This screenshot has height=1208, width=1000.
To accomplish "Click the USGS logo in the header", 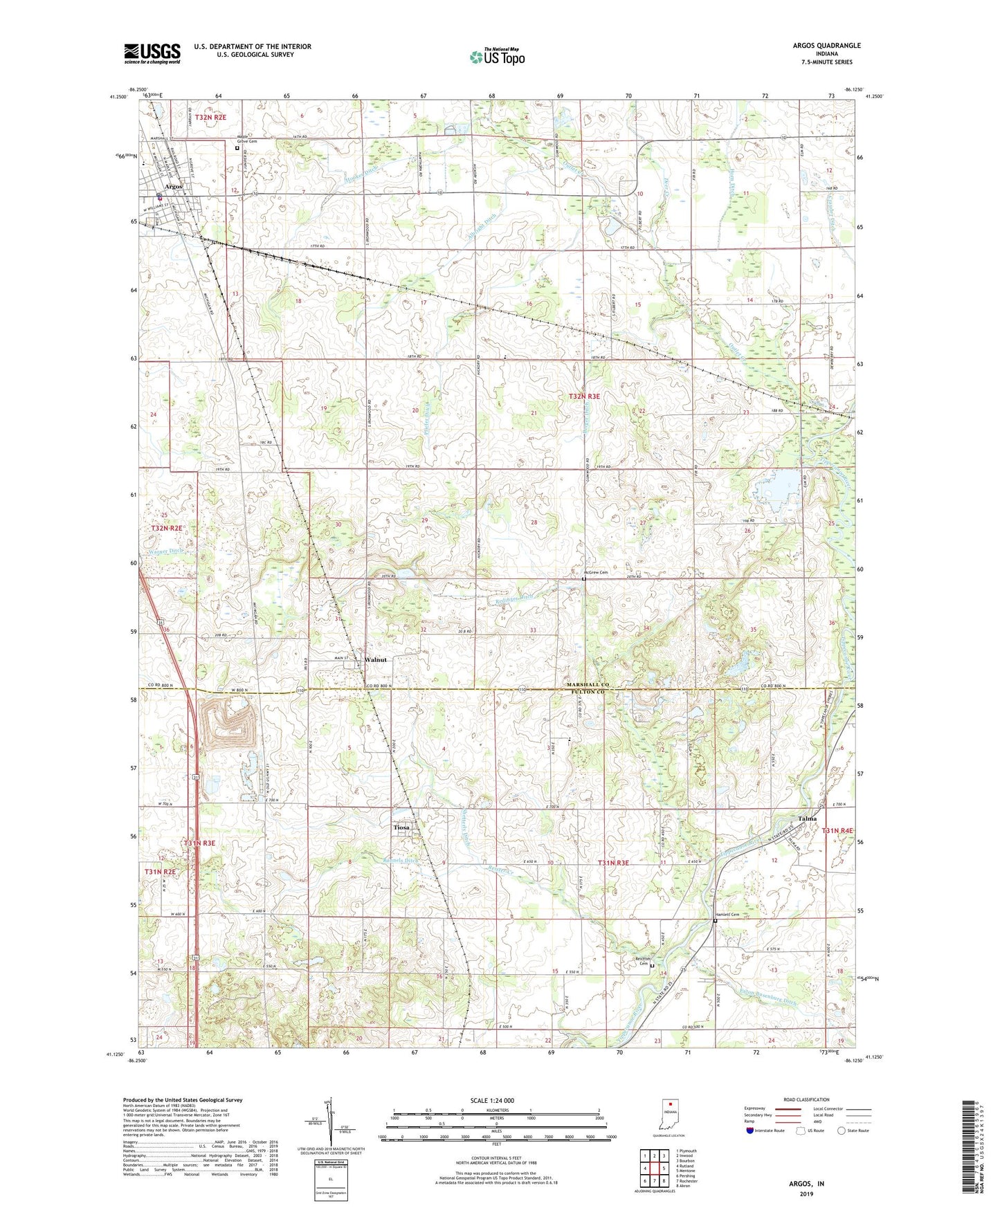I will (152, 53).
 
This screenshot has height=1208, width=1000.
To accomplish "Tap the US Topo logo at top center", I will (496, 57).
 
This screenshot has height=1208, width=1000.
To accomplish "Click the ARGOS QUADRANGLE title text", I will (826, 46).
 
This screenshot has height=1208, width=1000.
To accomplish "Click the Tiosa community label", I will (401, 827).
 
